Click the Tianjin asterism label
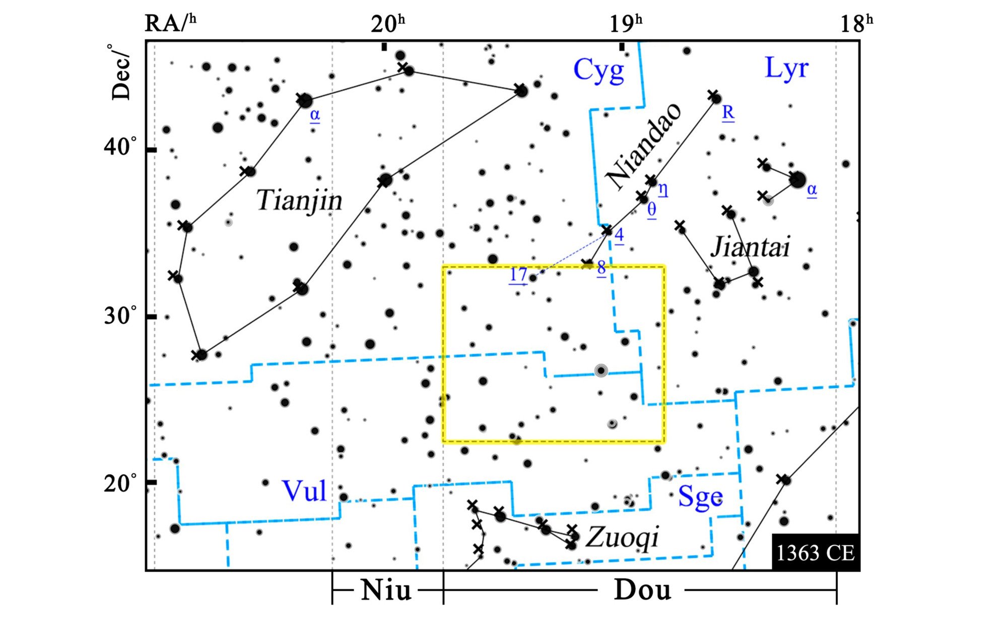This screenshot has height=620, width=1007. click(299, 200)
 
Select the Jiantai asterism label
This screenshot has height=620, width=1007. click(750, 247)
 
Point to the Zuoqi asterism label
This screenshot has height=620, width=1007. click(623, 536)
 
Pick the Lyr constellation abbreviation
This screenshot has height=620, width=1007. click(786, 68)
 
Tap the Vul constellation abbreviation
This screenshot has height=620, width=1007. click(304, 490)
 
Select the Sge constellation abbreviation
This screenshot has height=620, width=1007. click(700, 496)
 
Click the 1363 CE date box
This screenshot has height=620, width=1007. click(815, 553)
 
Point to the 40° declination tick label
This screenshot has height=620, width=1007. click(120, 148)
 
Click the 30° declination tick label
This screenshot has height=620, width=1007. click(120, 316)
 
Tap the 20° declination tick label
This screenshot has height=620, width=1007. click(120, 483)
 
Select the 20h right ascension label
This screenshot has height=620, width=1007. click(387, 23)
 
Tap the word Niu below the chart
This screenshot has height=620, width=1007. click(386, 590)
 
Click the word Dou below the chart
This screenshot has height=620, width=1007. click(642, 590)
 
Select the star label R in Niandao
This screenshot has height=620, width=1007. click(728, 113)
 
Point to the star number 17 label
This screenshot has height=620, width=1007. click(518, 275)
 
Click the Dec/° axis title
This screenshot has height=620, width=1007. click(121, 72)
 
